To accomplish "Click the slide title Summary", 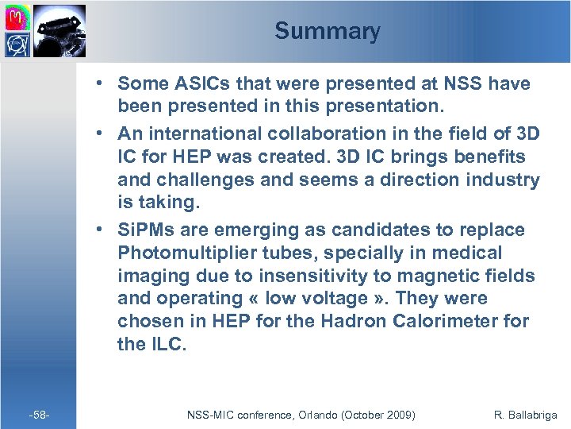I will click(327, 31).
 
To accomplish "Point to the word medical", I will click(467, 253).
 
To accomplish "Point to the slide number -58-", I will click(39, 415).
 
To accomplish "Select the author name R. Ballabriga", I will click(524, 415).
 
